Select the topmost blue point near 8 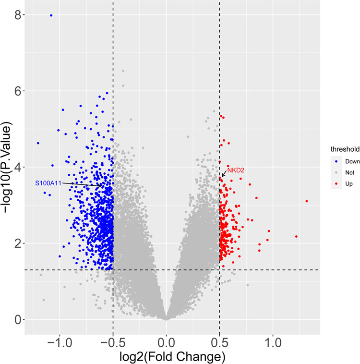(51, 15)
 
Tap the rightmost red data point (307, 201)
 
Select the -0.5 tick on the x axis (113, 331)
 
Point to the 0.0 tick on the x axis (166, 331)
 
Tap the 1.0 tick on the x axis (273, 331)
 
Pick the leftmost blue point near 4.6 (38, 143)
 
